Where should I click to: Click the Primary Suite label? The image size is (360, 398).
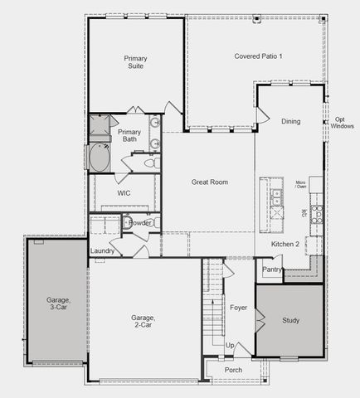(x=135, y=63)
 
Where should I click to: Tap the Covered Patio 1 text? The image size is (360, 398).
(x=258, y=56)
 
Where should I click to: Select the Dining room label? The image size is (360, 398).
(x=290, y=121)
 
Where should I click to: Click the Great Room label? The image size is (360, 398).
(x=209, y=182)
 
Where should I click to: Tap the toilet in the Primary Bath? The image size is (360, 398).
(x=150, y=163)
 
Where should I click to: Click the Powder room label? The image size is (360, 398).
(x=141, y=222)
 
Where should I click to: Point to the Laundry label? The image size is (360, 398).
(x=102, y=250)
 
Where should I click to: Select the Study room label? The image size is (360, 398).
(x=290, y=320)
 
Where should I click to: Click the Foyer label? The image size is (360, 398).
(x=239, y=307)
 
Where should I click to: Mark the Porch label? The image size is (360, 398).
(x=233, y=370)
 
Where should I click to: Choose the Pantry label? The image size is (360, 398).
(x=271, y=269)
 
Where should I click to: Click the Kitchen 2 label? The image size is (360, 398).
(x=285, y=244)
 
